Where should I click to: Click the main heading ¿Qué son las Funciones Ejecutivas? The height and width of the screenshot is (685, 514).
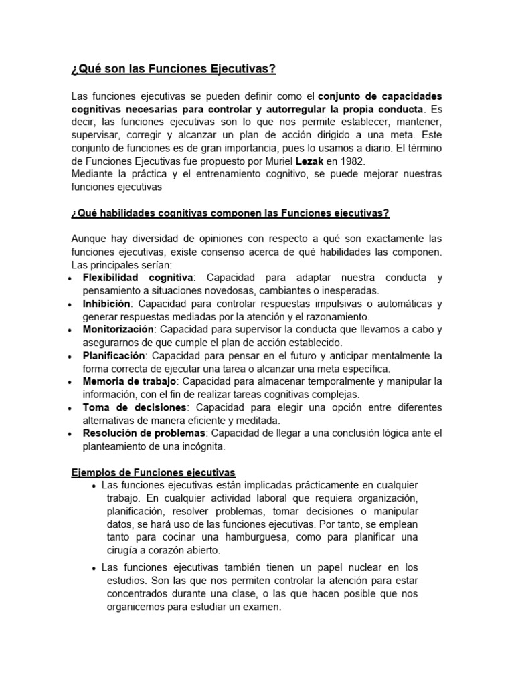(173, 70)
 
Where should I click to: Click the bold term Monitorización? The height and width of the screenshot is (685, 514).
(118, 329)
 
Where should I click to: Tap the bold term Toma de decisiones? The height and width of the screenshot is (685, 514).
(124, 407)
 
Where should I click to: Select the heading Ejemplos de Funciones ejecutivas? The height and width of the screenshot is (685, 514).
(153, 472)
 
